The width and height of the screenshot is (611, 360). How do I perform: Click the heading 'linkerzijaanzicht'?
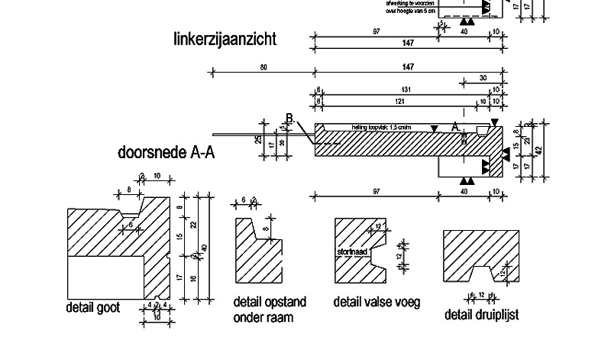pos(225,38)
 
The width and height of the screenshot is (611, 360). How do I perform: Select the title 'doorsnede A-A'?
pos(166,152)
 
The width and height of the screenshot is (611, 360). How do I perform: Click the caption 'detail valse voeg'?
pos(377,302)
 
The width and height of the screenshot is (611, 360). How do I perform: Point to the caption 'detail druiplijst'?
pos(482,314)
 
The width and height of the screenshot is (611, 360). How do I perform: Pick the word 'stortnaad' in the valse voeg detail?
pos(351,250)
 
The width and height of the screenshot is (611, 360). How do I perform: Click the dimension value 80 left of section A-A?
pos(263,68)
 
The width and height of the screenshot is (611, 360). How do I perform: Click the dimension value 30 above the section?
pos(482,78)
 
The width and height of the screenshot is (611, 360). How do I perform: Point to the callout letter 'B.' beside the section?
pos(291,118)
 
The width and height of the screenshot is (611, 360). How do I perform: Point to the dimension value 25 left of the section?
pos(259,140)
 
